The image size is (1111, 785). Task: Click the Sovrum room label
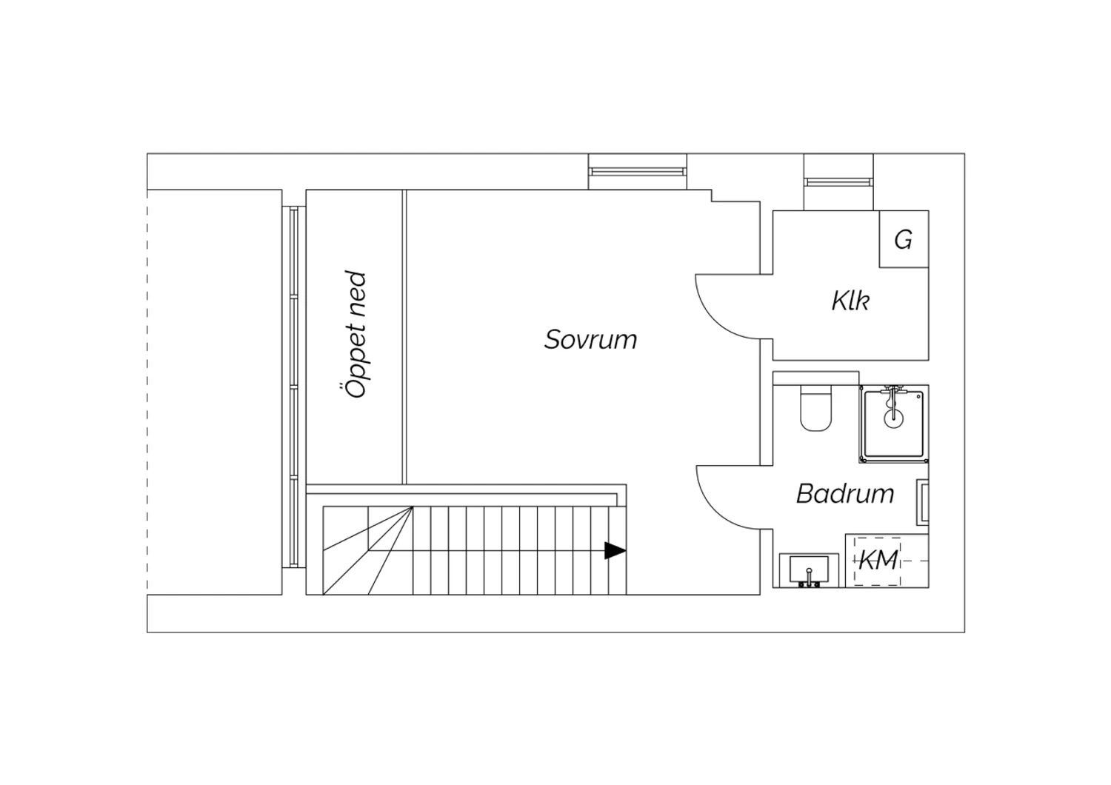click(x=591, y=340)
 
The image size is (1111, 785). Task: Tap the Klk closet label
click(x=850, y=301)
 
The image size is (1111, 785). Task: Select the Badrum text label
click(x=845, y=493)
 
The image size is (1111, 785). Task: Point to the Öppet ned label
click(x=356, y=334)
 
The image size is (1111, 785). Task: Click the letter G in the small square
click(x=903, y=239)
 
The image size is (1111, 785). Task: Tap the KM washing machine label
click(x=878, y=561)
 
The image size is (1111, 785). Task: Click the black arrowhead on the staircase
click(x=615, y=550)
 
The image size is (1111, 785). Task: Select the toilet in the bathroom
click(x=815, y=409)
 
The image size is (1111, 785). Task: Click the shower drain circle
click(x=893, y=418)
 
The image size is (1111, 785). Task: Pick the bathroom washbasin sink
click(x=809, y=570)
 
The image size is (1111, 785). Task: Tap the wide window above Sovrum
click(x=637, y=172)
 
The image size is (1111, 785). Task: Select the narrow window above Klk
click(x=838, y=182)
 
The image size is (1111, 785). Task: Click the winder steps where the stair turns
click(x=367, y=550)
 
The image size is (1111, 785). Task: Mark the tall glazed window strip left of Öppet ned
click(x=293, y=387)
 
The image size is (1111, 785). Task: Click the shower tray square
click(x=894, y=424)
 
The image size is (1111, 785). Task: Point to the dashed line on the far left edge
click(x=147, y=392)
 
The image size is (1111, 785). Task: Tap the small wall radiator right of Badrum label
click(x=923, y=502)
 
